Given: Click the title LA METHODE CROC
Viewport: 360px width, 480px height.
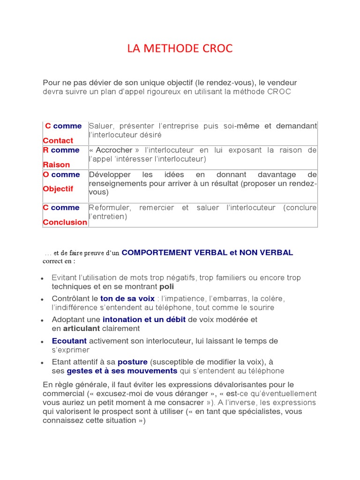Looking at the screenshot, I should [180, 48].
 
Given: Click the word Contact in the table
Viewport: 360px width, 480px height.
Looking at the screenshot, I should [58, 141].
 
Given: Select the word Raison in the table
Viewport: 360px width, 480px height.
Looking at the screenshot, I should [56, 165].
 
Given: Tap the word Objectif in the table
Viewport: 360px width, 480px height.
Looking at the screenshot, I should [58, 189].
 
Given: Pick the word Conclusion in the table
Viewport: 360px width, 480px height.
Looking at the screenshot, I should [65, 222].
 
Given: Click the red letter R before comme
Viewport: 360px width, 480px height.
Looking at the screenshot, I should [45, 150].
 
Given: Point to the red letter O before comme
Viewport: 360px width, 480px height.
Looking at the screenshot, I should [46, 174].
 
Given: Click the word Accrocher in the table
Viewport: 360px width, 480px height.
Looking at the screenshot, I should [114, 150].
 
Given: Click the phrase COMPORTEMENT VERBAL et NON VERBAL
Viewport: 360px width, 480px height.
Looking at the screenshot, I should [207, 253].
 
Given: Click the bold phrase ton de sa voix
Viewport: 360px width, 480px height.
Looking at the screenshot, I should [127, 299].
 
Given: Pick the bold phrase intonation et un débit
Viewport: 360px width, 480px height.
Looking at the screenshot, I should [144, 320].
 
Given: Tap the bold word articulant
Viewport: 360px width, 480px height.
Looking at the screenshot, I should [82, 329].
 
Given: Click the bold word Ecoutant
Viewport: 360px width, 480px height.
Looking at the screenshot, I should [69, 341].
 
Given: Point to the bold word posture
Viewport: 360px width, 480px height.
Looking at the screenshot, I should [133, 362].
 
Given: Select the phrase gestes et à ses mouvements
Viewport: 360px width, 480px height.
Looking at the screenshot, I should [122, 371].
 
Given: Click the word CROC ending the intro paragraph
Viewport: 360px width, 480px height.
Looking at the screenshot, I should [279, 92].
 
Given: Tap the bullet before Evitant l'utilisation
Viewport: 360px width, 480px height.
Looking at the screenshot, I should [42, 278].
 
